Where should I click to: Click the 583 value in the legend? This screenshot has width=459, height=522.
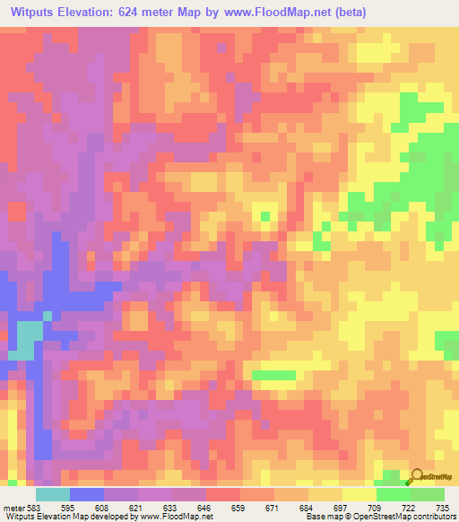click(x=33, y=507)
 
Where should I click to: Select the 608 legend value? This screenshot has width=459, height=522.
click(x=104, y=507)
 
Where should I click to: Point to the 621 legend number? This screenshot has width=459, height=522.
click(x=138, y=507)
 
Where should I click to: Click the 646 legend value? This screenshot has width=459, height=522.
click(x=206, y=507)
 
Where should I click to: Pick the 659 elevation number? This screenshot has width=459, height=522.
click(x=240, y=507)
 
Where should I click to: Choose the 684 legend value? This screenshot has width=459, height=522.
click(x=307, y=507)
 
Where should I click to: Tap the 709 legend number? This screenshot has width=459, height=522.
click(x=376, y=507)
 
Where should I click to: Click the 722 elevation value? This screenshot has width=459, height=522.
click(x=410, y=507)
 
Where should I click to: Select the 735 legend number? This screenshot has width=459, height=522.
click(x=443, y=507)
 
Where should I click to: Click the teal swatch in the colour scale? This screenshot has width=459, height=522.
click(x=53, y=494)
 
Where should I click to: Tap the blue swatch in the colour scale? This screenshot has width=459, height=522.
click(x=87, y=494)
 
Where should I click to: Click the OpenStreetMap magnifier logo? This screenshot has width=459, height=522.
click(x=418, y=476)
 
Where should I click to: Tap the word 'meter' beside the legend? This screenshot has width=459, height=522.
click(x=14, y=507)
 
